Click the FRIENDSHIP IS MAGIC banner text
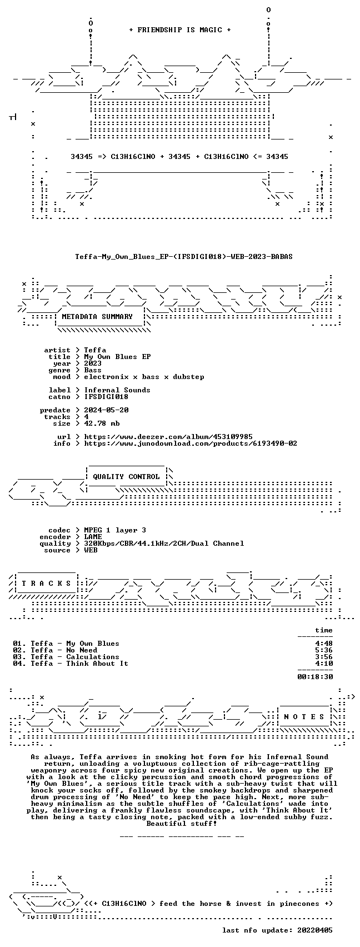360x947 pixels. [180, 30]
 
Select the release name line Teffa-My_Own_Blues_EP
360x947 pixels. [184, 257]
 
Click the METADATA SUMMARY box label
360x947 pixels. [97, 317]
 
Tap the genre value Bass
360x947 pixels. [93, 370]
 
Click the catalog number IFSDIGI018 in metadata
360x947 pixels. [106, 397]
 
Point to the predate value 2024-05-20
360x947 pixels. [106, 410]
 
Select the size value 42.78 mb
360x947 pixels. [102, 423]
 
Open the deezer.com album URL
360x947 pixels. [168, 437]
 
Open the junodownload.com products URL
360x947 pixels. [191, 443]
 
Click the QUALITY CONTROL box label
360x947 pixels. [126, 477]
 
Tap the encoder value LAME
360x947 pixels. [93, 537]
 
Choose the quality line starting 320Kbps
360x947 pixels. [164, 544]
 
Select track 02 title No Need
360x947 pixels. [82, 650]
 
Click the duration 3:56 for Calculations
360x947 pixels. [324, 657]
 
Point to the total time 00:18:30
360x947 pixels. [315, 677]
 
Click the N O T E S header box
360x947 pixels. [304, 717]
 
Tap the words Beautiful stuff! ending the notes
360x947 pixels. [182, 824]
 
